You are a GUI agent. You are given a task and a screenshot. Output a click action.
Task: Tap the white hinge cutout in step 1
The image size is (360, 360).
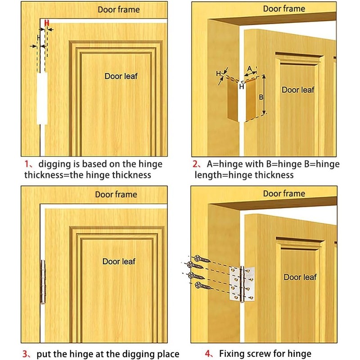[x=41, y=99]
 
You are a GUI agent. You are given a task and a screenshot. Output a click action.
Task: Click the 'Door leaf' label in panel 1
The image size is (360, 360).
[x=121, y=76]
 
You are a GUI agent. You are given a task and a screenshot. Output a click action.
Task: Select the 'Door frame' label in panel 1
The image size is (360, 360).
[x=118, y=9]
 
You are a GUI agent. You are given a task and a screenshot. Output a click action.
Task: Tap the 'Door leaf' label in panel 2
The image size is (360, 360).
[x=297, y=90]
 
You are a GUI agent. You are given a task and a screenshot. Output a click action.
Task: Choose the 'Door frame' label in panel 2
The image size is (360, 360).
[x=284, y=9]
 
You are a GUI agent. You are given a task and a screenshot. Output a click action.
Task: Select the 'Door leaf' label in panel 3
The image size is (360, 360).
[x=119, y=261]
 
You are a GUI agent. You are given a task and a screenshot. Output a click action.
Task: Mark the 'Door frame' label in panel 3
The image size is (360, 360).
[x=116, y=194]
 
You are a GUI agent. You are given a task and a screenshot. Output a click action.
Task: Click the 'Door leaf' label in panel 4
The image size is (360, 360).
[x=300, y=277]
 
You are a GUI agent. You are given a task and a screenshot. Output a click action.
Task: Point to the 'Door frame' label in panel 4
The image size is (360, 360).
[x=284, y=193]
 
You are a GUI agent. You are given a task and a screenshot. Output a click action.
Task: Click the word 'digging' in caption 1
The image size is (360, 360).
[x=54, y=164]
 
